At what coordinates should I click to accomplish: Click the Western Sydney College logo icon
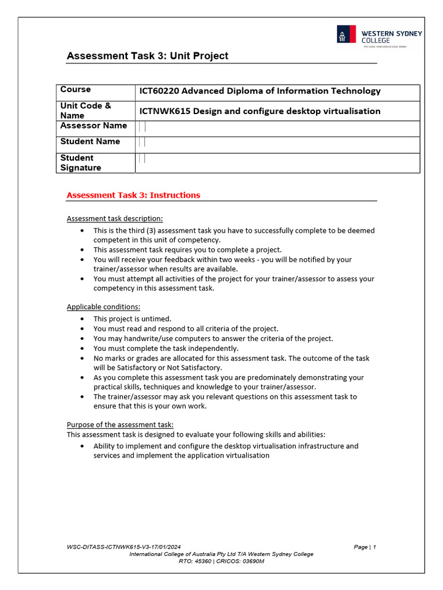point(346,35)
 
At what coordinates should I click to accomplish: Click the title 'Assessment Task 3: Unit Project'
point(148,56)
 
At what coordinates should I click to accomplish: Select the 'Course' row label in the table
point(76,89)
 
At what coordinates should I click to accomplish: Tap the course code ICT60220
point(159,91)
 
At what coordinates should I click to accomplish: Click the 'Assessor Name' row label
point(93,126)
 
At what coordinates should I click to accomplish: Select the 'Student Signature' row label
point(81,162)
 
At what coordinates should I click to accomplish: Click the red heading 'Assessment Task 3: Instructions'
point(133,195)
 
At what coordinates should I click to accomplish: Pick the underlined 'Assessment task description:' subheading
point(115,218)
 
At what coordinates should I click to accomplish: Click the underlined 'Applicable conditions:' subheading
point(103,307)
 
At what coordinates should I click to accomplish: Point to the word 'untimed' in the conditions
point(156,319)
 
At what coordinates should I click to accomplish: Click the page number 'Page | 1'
point(365,547)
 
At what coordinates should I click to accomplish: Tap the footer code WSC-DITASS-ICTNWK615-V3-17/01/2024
point(124,547)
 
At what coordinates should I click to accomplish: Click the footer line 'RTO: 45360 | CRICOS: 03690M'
point(221,561)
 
